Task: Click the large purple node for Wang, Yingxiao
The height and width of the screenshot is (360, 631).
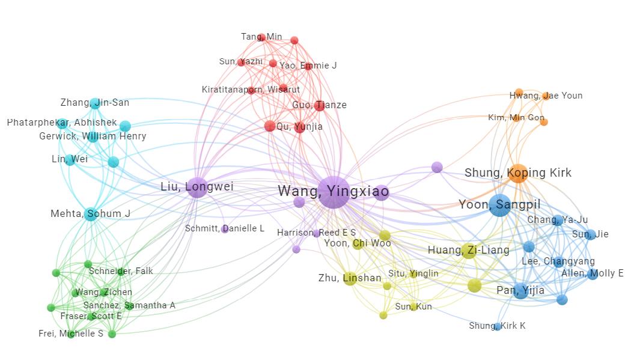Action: coord(333,192)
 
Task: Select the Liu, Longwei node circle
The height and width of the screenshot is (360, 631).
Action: coord(197,188)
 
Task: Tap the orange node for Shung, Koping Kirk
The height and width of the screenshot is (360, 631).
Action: coord(517,173)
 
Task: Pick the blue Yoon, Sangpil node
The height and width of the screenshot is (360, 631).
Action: coord(499,206)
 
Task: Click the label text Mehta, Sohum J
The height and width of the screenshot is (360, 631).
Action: coord(90,214)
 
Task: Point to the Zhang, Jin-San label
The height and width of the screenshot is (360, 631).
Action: coord(94,103)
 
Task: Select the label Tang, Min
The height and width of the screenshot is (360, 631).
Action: coord(261,37)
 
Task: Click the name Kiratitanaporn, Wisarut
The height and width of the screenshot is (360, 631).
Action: coord(251,90)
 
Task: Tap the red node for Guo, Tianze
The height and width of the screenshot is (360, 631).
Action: coord(320,106)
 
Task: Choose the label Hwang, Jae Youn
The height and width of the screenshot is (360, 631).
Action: coord(546,96)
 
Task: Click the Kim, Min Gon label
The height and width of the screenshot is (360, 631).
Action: coord(516,118)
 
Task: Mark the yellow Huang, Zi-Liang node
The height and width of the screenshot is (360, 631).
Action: coord(469,251)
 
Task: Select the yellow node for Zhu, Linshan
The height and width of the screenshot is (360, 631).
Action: coord(350,279)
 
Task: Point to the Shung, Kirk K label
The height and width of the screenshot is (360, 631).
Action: coord(497,326)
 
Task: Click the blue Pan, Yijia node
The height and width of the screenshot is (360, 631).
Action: coord(521,291)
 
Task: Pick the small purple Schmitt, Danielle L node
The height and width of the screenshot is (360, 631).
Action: coord(225,229)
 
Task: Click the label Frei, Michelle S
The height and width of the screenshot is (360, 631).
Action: coord(71,334)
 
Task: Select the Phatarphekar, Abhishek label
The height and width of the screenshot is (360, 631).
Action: coord(62,123)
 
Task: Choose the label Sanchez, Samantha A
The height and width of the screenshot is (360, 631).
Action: coord(129,305)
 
